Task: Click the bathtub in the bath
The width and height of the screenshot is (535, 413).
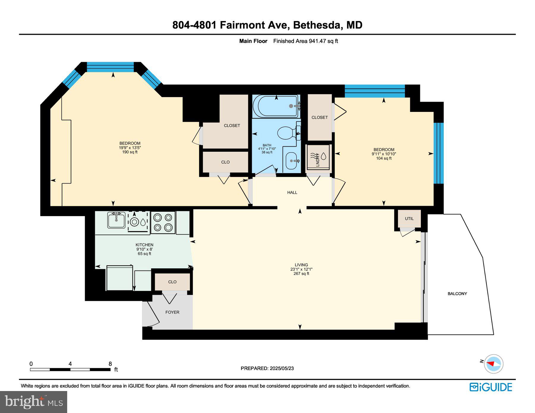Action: pyautogui.click(x=276, y=106)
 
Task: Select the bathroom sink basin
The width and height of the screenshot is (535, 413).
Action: pyautogui.click(x=291, y=161)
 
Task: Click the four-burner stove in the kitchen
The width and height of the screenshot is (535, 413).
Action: pyautogui.click(x=163, y=223)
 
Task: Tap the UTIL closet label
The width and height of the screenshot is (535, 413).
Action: pyautogui.click(x=409, y=219)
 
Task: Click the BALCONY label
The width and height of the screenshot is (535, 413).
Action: pyautogui.click(x=457, y=294)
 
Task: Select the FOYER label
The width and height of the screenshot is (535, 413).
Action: pyautogui.click(x=172, y=312)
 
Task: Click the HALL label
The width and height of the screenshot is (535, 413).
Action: pyautogui.click(x=292, y=192)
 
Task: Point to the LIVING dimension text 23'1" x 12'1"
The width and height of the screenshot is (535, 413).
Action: pyautogui.click(x=301, y=269)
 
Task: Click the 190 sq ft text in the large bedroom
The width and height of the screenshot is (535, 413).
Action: pyautogui.click(x=130, y=152)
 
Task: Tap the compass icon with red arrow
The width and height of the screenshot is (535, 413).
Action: pyautogui.click(x=493, y=363)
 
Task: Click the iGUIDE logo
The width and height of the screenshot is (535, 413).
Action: pyautogui.click(x=491, y=387)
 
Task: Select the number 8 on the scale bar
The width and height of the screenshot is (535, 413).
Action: pyautogui.click(x=110, y=364)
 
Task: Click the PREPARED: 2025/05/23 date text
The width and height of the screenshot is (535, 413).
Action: pyautogui.click(x=267, y=368)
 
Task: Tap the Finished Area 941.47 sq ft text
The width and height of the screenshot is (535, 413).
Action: pyautogui.click(x=305, y=41)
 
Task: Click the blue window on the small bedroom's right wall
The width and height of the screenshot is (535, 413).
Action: pyautogui.click(x=438, y=153)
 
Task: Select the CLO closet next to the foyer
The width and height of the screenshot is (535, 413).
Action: pyautogui.click(x=172, y=282)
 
